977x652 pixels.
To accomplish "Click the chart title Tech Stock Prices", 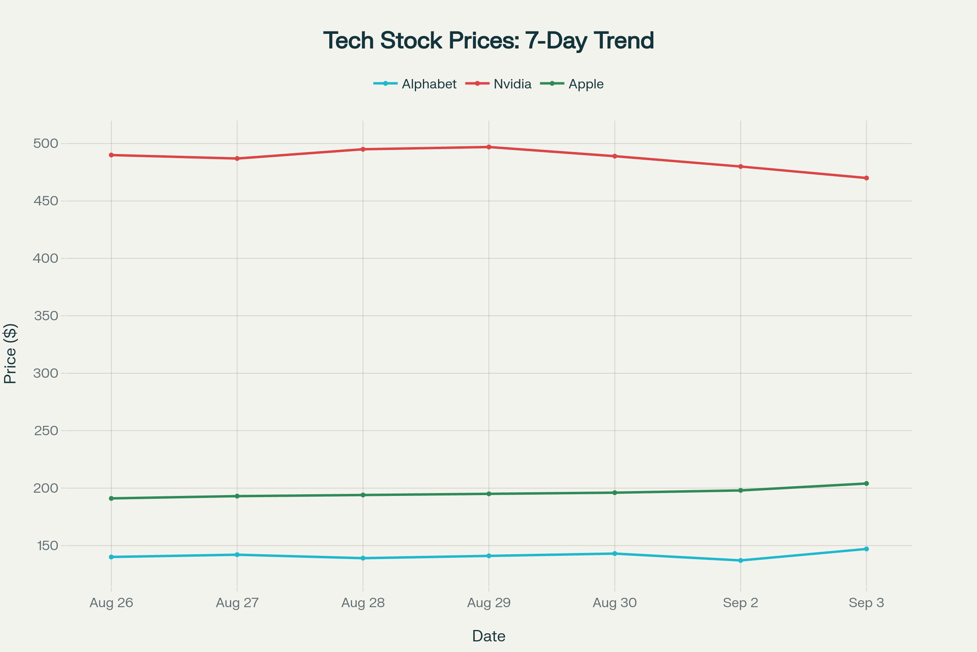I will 488,41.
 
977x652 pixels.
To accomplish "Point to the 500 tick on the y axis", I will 46,143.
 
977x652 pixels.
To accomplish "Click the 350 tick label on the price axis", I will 46,315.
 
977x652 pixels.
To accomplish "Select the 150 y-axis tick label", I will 47,546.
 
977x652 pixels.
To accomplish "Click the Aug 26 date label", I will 111,603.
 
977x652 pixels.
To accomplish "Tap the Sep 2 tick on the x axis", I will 740,603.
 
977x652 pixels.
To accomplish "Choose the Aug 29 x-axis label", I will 489,603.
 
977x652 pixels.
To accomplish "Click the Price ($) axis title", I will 10,353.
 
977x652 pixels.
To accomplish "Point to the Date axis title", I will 488,636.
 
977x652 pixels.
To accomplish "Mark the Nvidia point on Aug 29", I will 489,147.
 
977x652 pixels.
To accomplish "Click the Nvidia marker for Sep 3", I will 867,178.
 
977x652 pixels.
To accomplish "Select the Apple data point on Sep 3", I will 867,484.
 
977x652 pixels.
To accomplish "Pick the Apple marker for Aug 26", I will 111,498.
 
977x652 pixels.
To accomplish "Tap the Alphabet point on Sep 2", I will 740,561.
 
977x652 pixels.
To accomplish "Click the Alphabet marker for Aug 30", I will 615,553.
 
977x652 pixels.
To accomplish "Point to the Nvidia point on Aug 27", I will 237,159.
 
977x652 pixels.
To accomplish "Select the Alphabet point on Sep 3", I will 867,549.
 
